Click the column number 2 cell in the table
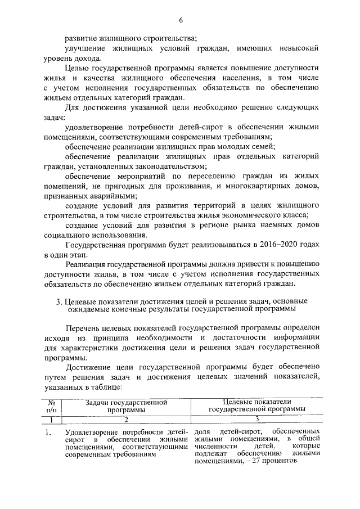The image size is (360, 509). [x=127, y=419]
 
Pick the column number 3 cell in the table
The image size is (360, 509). [x=256, y=419]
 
